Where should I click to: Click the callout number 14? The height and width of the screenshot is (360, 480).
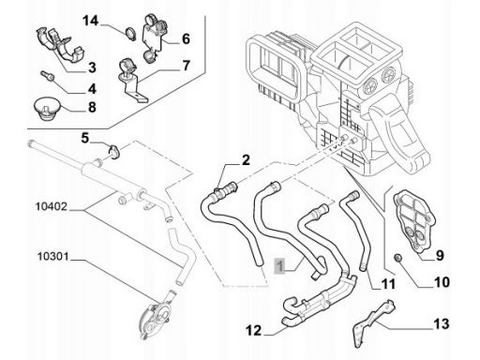(x=90, y=21)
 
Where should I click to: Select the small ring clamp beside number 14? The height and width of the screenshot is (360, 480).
(x=130, y=34)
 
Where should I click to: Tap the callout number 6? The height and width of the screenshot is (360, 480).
(x=186, y=39)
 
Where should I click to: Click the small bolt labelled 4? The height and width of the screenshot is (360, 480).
(x=47, y=76)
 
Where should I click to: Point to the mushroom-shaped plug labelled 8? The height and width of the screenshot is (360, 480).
(x=48, y=109)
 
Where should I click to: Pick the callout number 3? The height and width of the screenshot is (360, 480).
(x=92, y=67)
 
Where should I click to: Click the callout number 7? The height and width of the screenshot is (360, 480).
(x=186, y=66)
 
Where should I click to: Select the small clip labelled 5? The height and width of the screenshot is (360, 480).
(x=114, y=151)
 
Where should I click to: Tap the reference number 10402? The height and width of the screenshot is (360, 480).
(x=52, y=206)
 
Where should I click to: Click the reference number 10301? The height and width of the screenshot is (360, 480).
(x=52, y=257)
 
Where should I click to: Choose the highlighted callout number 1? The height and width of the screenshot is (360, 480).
(x=280, y=266)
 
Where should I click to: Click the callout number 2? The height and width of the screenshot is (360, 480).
(x=246, y=160)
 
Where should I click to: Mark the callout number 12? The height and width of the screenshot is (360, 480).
(x=253, y=330)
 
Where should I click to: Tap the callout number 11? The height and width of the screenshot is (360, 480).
(x=388, y=284)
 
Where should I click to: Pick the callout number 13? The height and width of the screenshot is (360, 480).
(x=442, y=323)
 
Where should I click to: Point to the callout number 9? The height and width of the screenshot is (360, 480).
(x=440, y=256)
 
